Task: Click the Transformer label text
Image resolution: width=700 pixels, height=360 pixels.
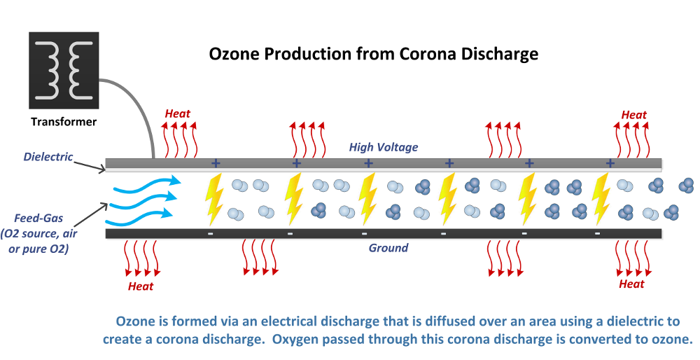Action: [64, 122]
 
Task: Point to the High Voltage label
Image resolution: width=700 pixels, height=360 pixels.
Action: [384, 147]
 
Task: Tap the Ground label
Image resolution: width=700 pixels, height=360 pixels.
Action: [388, 248]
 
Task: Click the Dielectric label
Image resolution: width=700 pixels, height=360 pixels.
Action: [48, 156]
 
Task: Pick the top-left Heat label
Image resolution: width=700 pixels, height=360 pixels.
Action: [177, 113]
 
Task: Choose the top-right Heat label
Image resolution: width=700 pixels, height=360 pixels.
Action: [634, 115]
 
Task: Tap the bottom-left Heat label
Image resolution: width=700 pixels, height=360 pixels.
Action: [141, 285]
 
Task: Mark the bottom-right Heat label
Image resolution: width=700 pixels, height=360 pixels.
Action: [631, 284]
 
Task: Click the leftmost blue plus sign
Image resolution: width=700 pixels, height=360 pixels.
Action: [216, 163]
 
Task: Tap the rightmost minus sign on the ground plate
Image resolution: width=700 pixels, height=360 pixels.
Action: [597, 233]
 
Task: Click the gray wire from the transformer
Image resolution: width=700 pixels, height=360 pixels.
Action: [140, 105]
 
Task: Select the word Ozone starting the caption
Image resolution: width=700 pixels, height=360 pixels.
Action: [136, 322]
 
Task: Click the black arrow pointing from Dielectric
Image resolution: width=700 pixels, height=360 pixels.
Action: [89, 162]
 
